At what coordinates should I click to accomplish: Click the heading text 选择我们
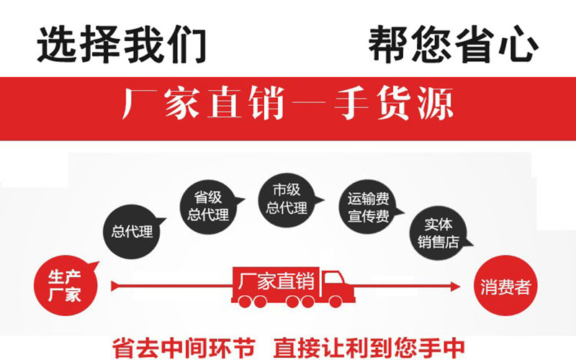(x=122, y=44)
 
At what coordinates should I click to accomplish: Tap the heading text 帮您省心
(x=453, y=44)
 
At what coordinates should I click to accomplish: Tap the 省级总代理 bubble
(x=208, y=204)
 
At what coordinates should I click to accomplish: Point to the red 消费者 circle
(x=505, y=287)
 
